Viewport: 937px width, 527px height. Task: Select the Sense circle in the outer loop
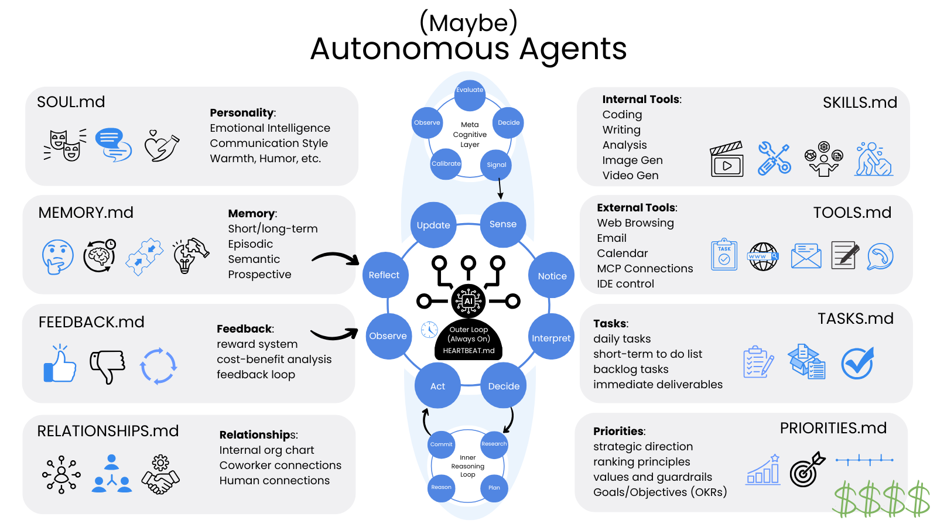pos(503,224)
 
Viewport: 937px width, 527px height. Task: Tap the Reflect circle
pos(384,275)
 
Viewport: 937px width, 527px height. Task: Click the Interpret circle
pos(550,338)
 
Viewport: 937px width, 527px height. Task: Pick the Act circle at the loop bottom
pos(437,386)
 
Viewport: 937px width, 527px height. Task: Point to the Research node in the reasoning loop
pos(494,444)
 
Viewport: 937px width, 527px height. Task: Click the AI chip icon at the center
pos(468,300)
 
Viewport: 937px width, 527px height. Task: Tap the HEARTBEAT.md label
pos(468,351)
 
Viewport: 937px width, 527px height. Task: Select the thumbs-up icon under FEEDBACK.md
pos(60,364)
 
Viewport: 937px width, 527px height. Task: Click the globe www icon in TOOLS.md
pos(763,256)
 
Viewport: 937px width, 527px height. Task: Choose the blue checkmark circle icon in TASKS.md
pos(857,363)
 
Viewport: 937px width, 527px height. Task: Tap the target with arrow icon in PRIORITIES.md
pos(807,470)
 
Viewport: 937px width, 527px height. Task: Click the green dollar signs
pos(881,499)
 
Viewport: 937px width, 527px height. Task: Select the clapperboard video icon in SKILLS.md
pos(727,159)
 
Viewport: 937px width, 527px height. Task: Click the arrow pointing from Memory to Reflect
pos(335,258)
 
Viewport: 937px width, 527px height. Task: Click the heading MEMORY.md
pos(86,213)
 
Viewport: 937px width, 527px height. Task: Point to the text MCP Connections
pos(645,269)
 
